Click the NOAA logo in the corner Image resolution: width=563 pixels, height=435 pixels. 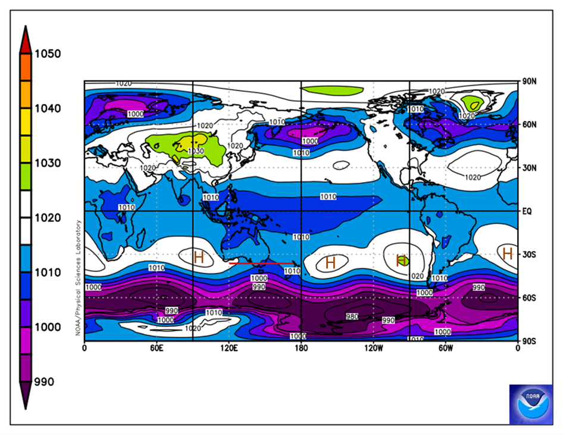point(530,404)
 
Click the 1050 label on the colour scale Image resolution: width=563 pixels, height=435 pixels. point(48,54)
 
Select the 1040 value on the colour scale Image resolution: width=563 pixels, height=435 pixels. point(48,108)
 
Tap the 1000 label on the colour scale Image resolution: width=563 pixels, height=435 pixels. point(48,327)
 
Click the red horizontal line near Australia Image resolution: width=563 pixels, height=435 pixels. point(261,263)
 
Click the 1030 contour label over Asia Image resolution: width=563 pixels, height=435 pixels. point(196,151)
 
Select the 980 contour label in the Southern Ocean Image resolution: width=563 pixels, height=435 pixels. point(352,317)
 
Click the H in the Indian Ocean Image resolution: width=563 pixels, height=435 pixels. point(199,257)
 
